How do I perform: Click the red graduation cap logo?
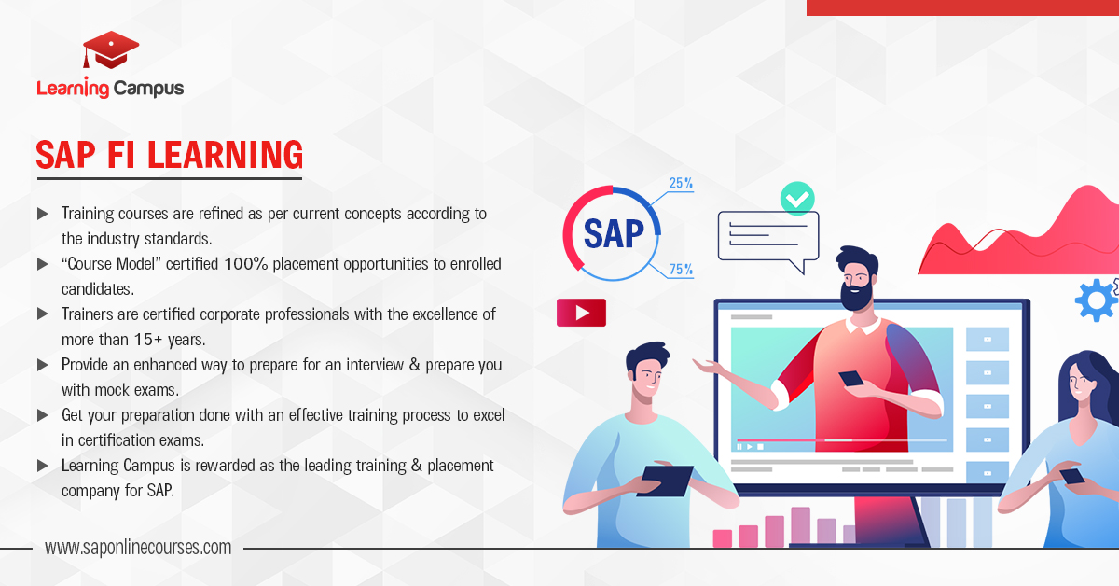[x=110, y=49]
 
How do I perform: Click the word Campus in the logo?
[x=148, y=89]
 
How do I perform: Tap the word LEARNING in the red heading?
[x=226, y=155]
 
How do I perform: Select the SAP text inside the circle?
[x=614, y=233]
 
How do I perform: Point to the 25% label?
[x=681, y=183]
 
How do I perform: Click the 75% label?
[x=681, y=270]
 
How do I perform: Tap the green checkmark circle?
[x=797, y=199]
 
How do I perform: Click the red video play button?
[x=581, y=313]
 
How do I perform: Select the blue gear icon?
[x=1096, y=300]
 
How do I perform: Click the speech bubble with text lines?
[x=768, y=238]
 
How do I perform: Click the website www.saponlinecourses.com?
[x=138, y=548]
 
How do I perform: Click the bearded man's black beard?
[x=856, y=295]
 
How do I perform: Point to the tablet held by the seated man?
[x=664, y=481]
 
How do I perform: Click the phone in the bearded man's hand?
[x=851, y=378]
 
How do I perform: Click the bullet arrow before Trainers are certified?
[x=43, y=314]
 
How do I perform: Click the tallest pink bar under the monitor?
[x=800, y=526]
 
